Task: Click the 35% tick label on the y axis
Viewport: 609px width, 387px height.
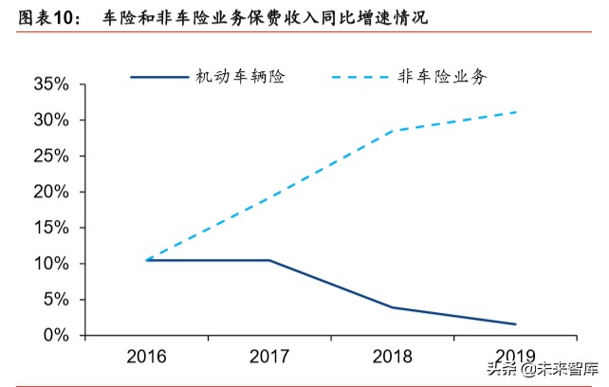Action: (49, 84)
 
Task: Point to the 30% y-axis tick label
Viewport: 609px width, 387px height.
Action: (49, 120)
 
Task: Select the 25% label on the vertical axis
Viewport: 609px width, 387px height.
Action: (49, 157)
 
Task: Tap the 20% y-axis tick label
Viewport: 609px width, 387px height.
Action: (49, 192)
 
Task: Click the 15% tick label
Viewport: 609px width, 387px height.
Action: (49, 228)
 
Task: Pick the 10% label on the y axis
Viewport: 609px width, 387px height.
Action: (49, 264)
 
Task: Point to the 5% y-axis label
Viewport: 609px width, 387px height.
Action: (54, 300)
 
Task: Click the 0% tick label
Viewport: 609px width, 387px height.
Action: (54, 335)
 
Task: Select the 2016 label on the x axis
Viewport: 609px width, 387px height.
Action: (146, 358)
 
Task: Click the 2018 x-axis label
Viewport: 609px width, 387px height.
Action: (393, 358)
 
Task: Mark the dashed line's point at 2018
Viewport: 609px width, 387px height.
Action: (393, 130)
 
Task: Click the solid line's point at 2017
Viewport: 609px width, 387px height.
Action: (269, 260)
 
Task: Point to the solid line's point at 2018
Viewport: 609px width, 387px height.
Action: (393, 307)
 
